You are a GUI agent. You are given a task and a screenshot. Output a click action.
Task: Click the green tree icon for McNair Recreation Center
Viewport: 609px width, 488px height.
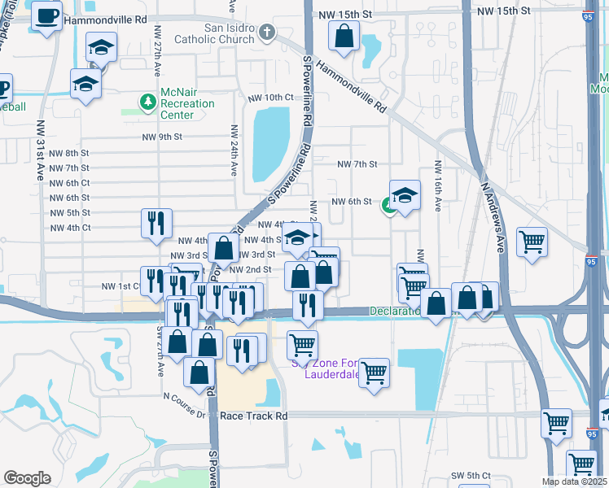pyautogui.click(x=147, y=102)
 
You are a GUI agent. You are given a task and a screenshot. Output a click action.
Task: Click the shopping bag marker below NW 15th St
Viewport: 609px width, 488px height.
pyautogui.click(x=344, y=35)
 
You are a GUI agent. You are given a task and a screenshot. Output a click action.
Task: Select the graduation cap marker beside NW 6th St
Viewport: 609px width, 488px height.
pyautogui.click(x=405, y=195)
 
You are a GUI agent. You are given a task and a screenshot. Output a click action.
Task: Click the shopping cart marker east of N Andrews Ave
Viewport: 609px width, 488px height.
pyautogui.click(x=532, y=241)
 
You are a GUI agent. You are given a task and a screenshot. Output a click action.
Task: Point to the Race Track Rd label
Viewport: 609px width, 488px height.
pyautogui.click(x=254, y=416)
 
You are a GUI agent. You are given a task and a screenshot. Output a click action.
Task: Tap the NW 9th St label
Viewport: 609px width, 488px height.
pyautogui.click(x=161, y=137)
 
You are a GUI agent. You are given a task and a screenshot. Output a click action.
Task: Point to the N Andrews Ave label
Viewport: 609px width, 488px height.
pyautogui.click(x=497, y=211)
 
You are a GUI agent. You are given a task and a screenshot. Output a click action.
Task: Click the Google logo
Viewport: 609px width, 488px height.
pyautogui.click(x=27, y=478)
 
